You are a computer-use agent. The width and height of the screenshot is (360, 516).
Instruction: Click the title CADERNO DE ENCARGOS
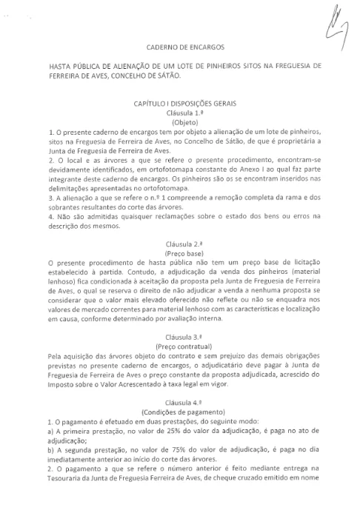(181, 46)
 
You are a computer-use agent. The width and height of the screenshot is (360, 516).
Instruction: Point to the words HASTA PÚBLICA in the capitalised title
(73, 66)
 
